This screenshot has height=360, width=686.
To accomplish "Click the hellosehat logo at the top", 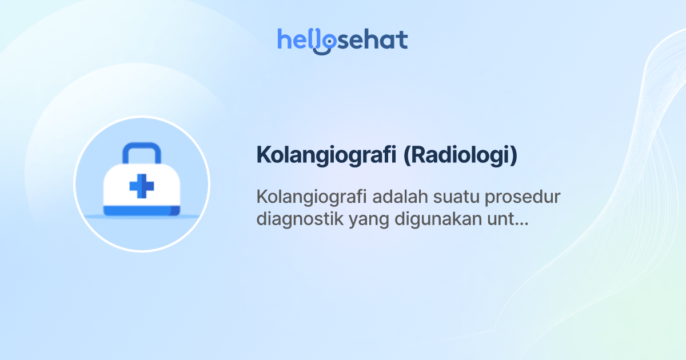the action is click(x=342, y=41).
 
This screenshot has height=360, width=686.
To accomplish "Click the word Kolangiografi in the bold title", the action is click(x=326, y=155).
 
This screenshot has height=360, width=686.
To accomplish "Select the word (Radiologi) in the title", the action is click(x=461, y=155).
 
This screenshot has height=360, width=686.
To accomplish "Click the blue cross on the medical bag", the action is click(x=142, y=186).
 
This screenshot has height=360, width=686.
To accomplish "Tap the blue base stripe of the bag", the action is click(x=142, y=211).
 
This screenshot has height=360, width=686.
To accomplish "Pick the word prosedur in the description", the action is click(x=523, y=197).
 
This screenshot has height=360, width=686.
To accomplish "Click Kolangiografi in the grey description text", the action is click(x=312, y=197).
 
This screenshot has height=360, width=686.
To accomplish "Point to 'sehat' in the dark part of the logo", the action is click(x=373, y=41).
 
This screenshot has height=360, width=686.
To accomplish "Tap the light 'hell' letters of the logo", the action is click(x=295, y=39).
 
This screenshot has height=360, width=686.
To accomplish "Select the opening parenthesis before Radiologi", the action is click(x=407, y=155).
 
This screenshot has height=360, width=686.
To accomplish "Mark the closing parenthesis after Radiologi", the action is click(x=514, y=155).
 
